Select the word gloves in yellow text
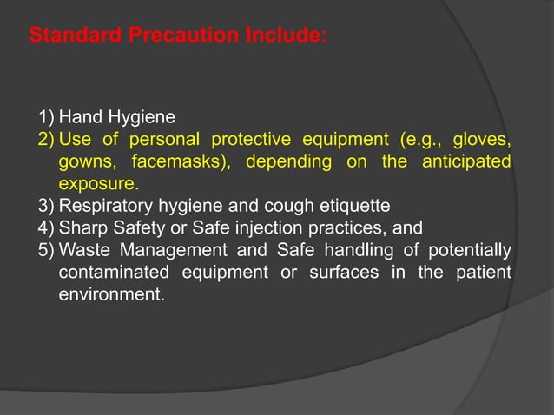tap(480, 140)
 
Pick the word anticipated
tap(464, 162)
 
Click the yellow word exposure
tap(97, 184)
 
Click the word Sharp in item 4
tap(80, 228)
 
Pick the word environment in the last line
tap(109, 295)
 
